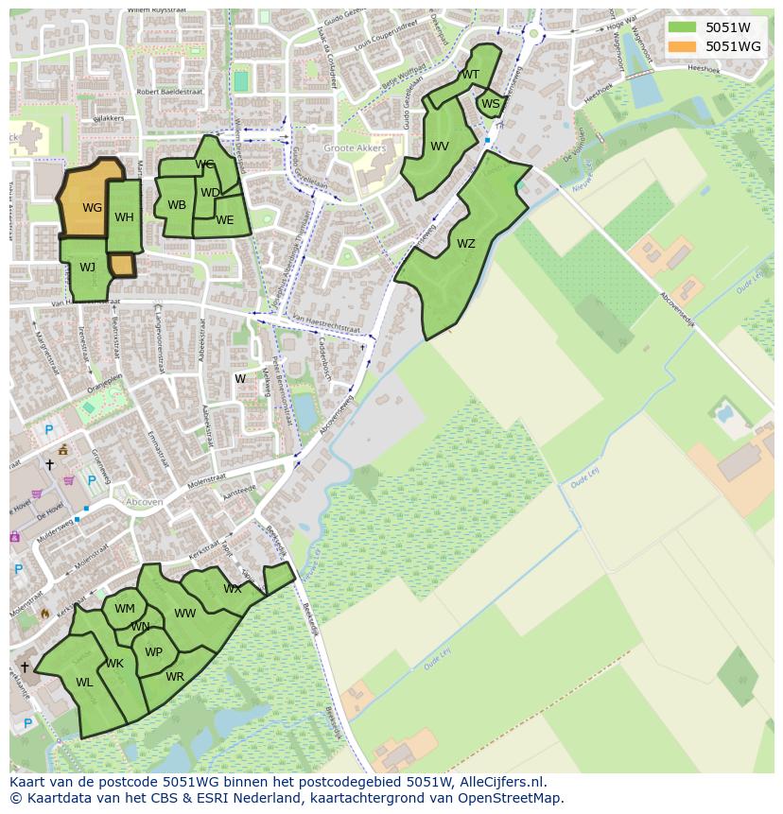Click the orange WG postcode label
[x=92, y=208]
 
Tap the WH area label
[x=124, y=217]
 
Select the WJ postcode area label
[x=87, y=268]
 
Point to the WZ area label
[x=465, y=244]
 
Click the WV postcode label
[x=440, y=147]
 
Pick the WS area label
[x=490, y=104]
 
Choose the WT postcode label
[x=470, y=75]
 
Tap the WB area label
[x=177, y=205]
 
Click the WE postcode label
[x=224, y=220]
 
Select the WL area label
[x=84, y=683]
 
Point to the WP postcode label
[x=153, y=652]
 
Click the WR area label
[x=175, y=677]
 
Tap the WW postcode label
[x=185, y=614]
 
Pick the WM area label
[x=125, y=609]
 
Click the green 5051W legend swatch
[x=681, y=27]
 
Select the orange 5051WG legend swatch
[x=681, y=45]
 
